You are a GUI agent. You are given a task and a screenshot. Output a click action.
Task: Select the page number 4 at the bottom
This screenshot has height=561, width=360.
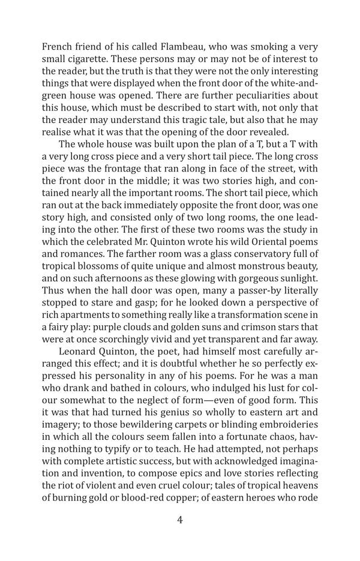tap(180, 520)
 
